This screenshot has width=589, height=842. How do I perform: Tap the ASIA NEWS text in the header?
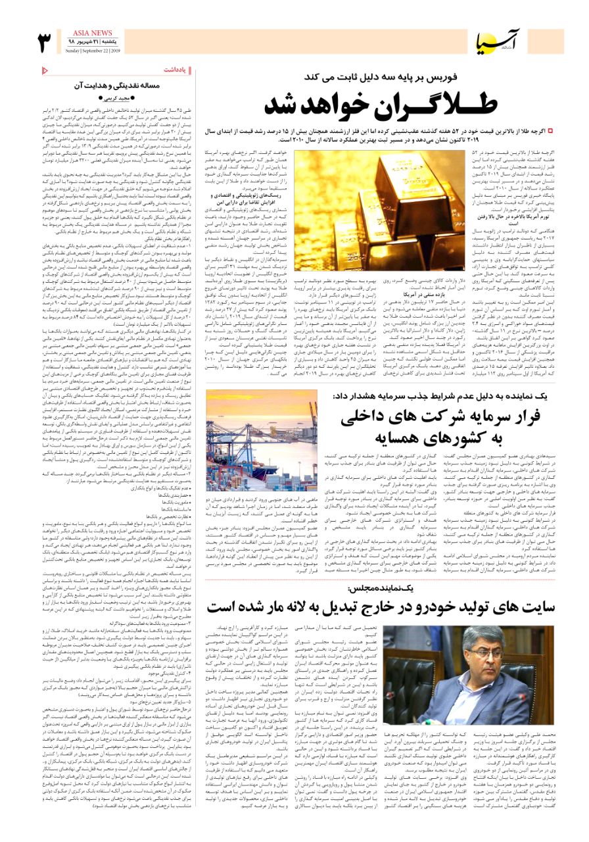[x=93, y=32]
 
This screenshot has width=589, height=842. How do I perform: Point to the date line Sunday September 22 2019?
[x=93, y=50]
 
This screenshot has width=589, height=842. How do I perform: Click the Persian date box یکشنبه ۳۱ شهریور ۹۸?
[x=93, y=41]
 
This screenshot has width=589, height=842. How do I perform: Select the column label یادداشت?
[x=180, y=69]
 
